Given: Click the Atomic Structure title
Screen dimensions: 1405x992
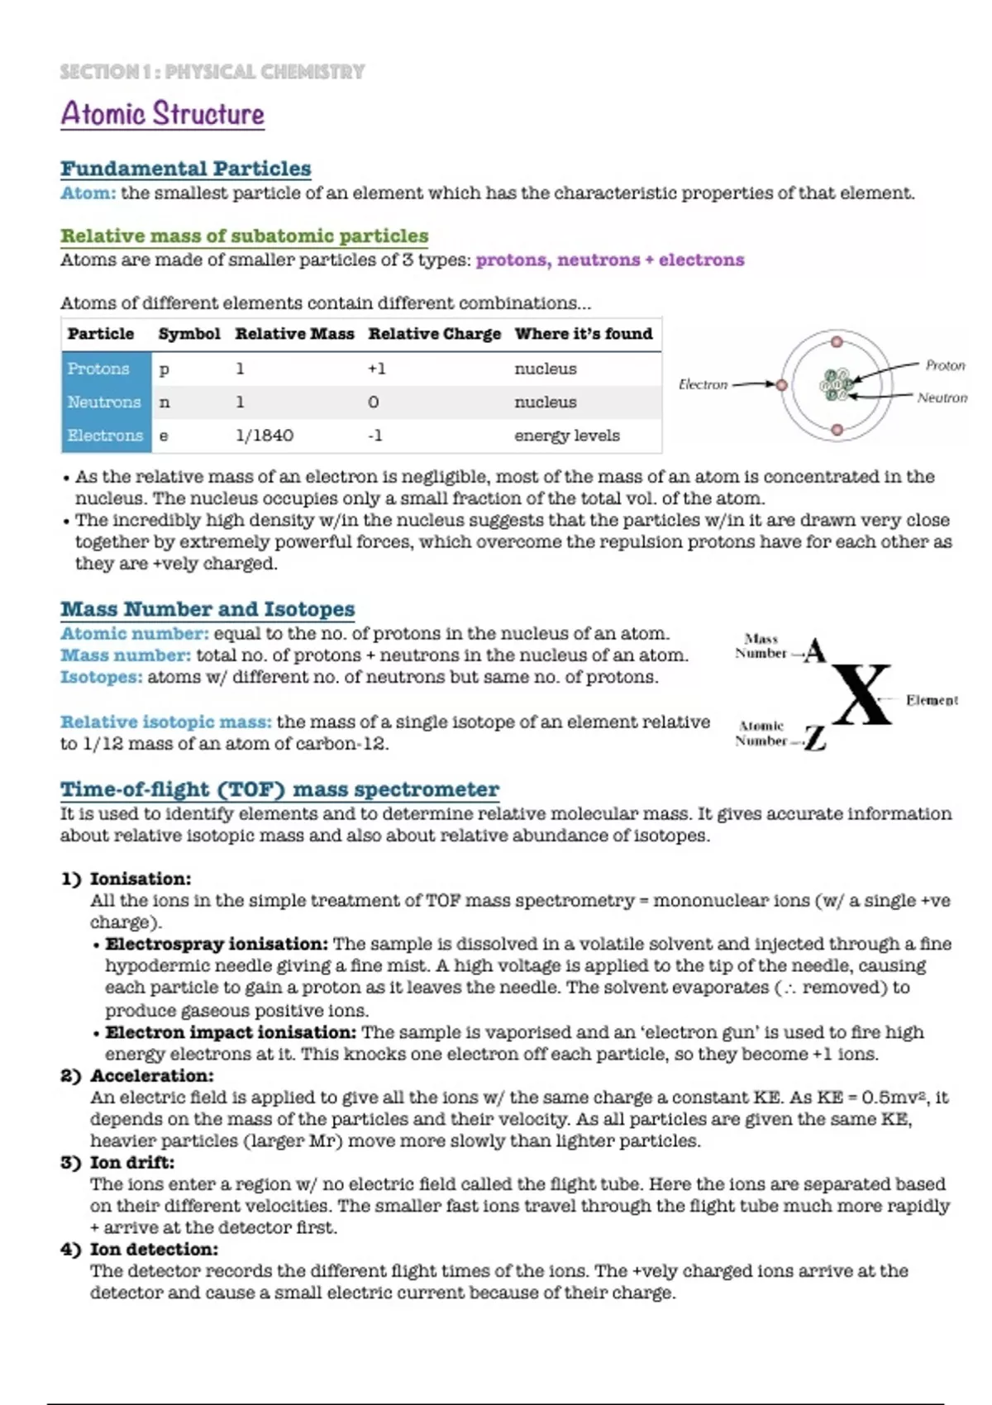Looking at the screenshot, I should [x=163, y=114].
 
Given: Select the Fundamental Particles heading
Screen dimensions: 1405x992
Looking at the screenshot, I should [x=186, y=169].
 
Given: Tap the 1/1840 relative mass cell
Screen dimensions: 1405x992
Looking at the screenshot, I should [x=265, y=436].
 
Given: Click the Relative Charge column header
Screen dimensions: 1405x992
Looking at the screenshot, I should [x=435, y=334].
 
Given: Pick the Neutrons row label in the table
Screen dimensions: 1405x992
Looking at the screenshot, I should [x=105, y=402].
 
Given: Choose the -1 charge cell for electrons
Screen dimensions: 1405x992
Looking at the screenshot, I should [x=375, y=436].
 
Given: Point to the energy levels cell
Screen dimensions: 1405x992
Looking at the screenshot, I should [x=567, y=436].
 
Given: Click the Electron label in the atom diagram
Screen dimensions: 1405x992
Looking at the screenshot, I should [x=703, y=384].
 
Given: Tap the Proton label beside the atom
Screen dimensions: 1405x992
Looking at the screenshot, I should [x=945, y=365].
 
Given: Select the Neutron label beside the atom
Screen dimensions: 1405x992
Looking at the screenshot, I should [x=942, y=398].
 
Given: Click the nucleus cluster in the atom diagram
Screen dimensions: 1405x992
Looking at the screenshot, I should [x=837, y=385].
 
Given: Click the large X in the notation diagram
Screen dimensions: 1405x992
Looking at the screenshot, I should [x=862, y=695].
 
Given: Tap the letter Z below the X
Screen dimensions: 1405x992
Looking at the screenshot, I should [x=816, y=737].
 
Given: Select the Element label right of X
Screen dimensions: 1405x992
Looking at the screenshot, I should [x=932, y=700].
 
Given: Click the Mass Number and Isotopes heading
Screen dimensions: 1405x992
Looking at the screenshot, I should [x=207, y=609].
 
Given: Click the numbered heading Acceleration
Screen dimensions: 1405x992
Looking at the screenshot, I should [x=151, y=1075].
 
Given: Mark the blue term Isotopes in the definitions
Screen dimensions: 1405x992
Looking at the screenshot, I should [x=101, y=677].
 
